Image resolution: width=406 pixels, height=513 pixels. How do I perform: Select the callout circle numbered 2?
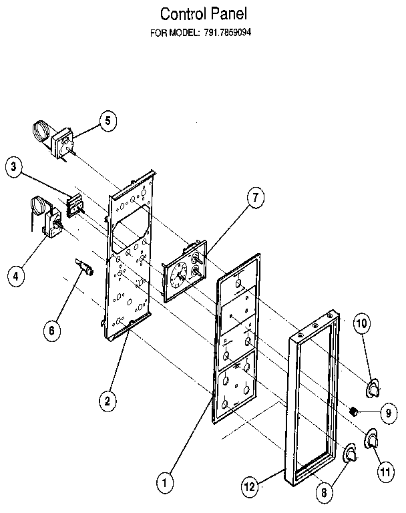[x=106, y=401]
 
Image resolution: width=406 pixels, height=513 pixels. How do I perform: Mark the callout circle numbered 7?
[x=254, y=197]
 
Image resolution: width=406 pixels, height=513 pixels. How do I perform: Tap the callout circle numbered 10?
[x=361, y=324]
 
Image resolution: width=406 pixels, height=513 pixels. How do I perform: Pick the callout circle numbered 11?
[x=384, y=472]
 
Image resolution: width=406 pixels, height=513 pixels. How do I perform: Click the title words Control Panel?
[x=198, y=13]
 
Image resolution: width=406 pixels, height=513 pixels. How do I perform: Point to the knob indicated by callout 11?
[x=371, y=439]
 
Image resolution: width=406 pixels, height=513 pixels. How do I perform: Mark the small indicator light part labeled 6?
[x=85, y=268]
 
